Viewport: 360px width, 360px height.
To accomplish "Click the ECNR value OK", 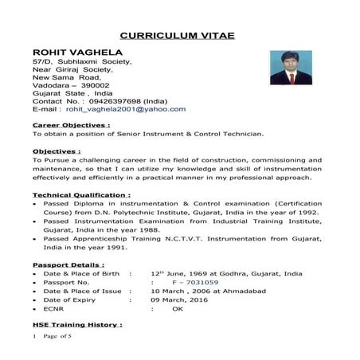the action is point(177,309).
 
